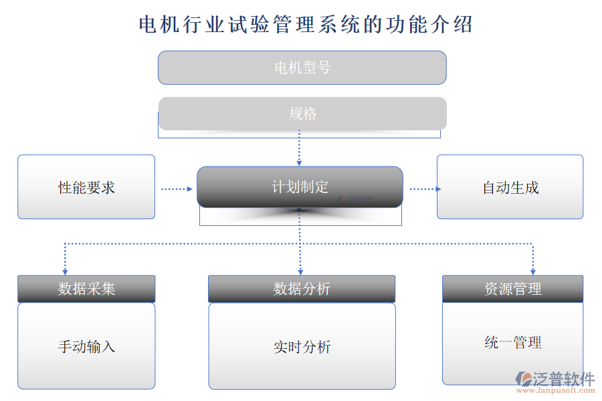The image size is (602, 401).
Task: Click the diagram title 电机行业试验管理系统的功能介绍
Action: coord(305,25)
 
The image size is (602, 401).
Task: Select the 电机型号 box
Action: coord(302,68)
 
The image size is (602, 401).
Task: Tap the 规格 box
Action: coord(302,114)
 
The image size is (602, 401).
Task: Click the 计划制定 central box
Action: coord(300,187)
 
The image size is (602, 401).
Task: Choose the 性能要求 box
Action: coord(86,188)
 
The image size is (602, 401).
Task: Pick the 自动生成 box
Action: coord(510,188)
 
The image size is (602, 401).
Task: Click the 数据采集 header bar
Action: coord(86,289)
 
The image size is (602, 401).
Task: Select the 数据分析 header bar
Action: coord(302,289)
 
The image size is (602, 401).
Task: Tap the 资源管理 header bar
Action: coord(512,289)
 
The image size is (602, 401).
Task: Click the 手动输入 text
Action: coord(86,347)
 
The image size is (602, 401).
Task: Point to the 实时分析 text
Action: coord(302,347)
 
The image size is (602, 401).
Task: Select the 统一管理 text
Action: coord(512,343)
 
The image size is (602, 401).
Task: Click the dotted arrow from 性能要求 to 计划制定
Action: coord(176,189)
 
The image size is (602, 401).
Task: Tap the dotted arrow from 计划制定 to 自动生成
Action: coord(425,189)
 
